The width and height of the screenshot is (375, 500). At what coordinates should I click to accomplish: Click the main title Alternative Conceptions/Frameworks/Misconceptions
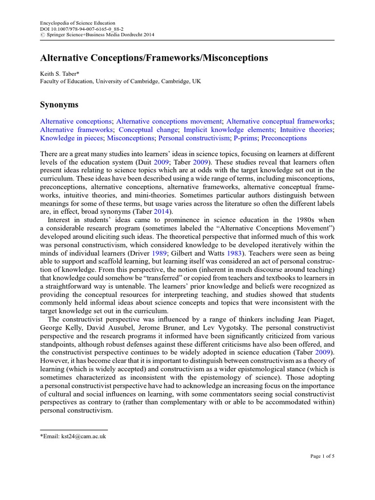[x=154, y=58]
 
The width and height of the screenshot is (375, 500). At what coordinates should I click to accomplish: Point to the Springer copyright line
[x=90, y=36]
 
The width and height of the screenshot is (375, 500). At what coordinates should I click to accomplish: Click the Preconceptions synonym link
[x=284, y=138]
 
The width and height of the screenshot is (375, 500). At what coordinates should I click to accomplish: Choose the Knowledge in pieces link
[x=71, y=138]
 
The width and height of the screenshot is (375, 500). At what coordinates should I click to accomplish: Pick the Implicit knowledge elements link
[x=229, y=129]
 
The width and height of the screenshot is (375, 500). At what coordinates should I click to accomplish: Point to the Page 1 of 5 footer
[x=322, y=456]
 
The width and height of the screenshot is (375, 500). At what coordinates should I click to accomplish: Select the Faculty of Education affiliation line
[x=120, y=82]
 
